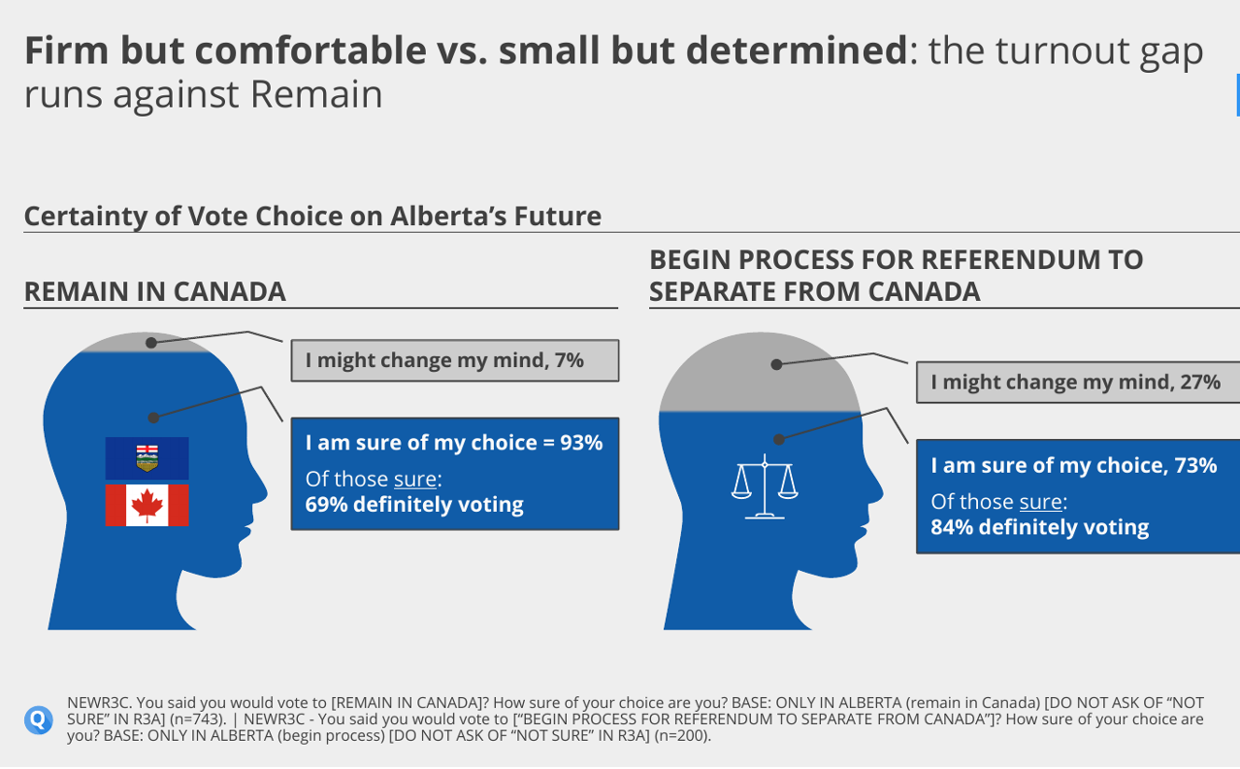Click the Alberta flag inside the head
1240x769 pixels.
pyautogui.click(x=147, y=458)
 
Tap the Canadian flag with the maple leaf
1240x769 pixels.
pyautogui.click(x=147, y=505)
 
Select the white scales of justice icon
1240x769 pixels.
pyautogui.click(x=765, y=486)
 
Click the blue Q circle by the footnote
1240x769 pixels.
pyautogui.click(x=38, y=719)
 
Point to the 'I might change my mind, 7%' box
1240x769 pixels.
pyautogui.click(x=455, y=360)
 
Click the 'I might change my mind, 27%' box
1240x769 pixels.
pyautogui.click(x=1078, y=383)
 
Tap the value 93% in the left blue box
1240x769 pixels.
pyautogui.click(x=581, y=443)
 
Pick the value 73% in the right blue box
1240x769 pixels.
pyautogui.click(x=1195, y=465)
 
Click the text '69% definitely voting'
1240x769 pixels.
pyautogui.click(x=414, y=505)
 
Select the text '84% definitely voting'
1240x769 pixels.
pyautogui.click(x=1039, y=527)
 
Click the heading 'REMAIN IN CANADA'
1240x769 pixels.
pyautogui.click(x=155, y=292)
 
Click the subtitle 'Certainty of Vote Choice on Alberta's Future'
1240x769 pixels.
pyautogui.click(x=312, y=217)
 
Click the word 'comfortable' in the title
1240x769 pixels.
pyautogui.click(x=310, y=50)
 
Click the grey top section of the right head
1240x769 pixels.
pyautogui.click(x=760, y=372)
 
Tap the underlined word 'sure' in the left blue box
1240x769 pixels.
pyautogui.click(x=415, y=480)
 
